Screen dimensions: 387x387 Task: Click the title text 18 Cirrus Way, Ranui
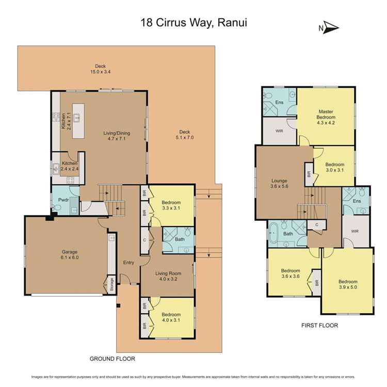193,22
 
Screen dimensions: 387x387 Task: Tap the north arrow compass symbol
329,28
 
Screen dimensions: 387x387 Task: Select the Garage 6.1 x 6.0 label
66,254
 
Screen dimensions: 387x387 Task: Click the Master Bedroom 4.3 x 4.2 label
326,115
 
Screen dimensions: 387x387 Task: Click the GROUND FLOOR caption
112,358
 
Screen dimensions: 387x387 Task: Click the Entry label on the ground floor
128,263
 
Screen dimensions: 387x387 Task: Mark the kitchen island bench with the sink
78,121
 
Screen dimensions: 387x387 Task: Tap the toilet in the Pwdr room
57,208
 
